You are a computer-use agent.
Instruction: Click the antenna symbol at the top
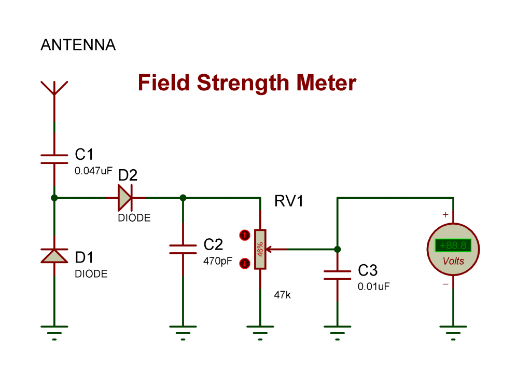54,88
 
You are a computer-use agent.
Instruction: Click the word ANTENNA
78,45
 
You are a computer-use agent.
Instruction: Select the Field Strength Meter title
247,83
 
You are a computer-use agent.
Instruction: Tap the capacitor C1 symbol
54,159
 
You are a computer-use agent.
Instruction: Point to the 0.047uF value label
93,170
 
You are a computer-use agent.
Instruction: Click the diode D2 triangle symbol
125,198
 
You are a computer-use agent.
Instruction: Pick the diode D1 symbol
54,255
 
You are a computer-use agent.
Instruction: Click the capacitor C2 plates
183,250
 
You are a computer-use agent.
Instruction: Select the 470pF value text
218,261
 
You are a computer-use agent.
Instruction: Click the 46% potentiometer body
260,249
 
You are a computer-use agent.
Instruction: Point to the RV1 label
289,201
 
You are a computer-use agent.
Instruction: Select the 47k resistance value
282,295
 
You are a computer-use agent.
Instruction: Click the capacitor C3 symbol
338,275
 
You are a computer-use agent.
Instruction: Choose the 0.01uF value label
373,286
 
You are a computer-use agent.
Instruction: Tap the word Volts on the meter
453,261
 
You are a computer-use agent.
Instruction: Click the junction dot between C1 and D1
54,198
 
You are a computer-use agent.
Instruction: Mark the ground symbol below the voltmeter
453,330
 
